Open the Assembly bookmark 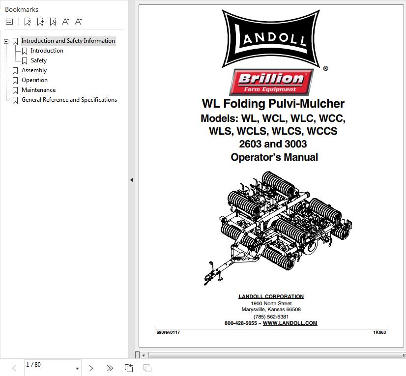click(34, 70)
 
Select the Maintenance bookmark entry click(38, 90)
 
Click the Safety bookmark click(38, 60)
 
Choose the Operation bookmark click(35, 80)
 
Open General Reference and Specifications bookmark click(69, 100)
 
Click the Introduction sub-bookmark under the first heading click(47, 51)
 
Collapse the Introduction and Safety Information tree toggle click(6, 41)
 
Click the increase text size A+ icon click(65, 22)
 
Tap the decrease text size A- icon click(78, 22)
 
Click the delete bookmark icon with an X click(28, 22)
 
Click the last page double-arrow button click(110, 368)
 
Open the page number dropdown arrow click(77, 368)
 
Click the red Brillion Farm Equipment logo click(271, 82)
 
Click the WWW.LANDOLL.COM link click(290, 323)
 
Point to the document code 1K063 click(379, 332)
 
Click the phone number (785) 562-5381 click(271, 317)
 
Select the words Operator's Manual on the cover click(274, 157)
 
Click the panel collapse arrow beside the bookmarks click(132, 180)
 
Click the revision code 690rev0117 click(168, 332)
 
